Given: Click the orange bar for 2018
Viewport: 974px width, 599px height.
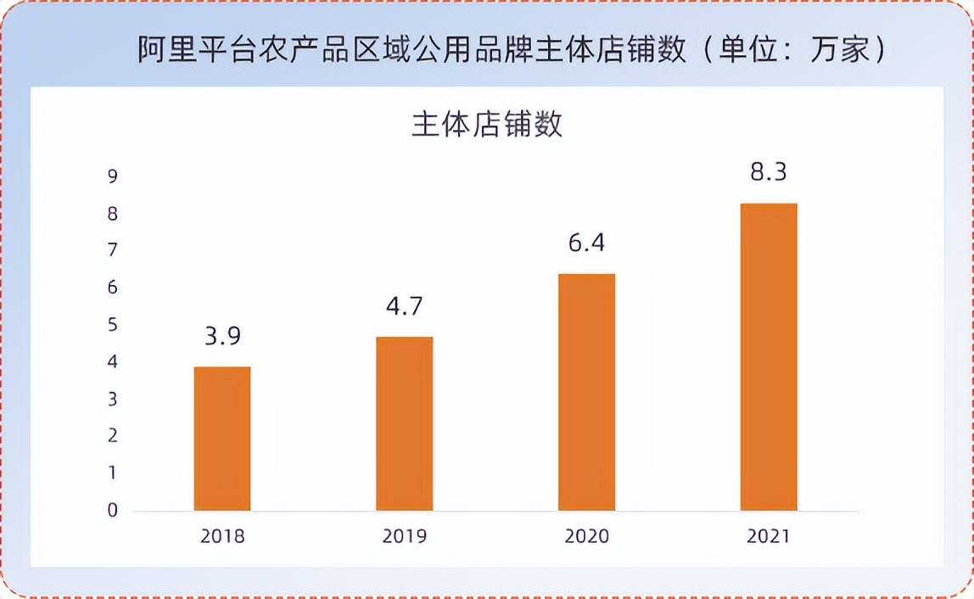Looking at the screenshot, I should coord(222,439).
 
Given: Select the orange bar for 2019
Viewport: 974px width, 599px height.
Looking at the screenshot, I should coord(404,423).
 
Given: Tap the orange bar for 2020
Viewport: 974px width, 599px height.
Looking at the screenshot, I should coord(586,392).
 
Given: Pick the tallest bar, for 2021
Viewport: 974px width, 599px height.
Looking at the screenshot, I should coord(768,356).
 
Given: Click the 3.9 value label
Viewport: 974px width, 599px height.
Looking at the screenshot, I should coord(222,336).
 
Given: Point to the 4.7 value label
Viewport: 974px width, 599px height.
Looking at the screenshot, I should coord(404,306).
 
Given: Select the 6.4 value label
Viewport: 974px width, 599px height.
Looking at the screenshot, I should coord(586,244).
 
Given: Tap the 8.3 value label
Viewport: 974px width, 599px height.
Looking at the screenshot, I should coord(768,172).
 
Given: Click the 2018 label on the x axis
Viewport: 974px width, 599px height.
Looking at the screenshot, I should coord(222,536).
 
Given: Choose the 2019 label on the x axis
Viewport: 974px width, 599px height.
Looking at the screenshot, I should coord(404,536).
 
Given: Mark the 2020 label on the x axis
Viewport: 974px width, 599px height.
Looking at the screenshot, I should coord(586,536).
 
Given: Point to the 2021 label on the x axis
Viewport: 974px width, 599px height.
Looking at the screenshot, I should coord(768,536).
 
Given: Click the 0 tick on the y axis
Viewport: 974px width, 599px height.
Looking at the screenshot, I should coord(112,511).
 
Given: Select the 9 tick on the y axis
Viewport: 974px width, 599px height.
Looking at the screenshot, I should coord(112,176).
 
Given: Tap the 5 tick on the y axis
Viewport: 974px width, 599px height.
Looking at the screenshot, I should coord(112,325).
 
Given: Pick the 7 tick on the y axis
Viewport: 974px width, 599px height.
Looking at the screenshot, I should coord(112,250).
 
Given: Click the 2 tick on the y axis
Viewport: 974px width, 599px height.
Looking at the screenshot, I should coord(112,436).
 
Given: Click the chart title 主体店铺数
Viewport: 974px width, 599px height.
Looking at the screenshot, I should coord(487,125).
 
